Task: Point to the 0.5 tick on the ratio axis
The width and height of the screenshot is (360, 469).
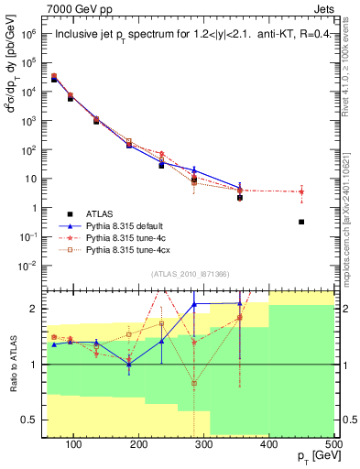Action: [x=39, y=420]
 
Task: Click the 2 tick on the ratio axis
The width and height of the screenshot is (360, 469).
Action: [x=42, y=309]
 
